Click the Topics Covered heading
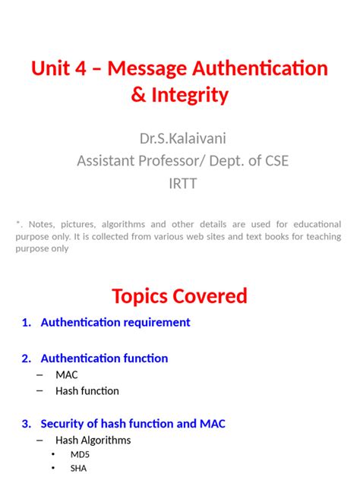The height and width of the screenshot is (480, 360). (179, 295)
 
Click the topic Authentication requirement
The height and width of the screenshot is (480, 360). (115, 323)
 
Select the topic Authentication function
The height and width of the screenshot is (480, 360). (104, 358)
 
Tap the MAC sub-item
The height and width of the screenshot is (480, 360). (67, 374)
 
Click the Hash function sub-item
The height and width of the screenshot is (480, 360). (87, 391)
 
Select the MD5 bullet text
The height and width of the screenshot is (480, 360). (80, 455)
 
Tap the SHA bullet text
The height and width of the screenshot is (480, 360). (79, 469)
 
